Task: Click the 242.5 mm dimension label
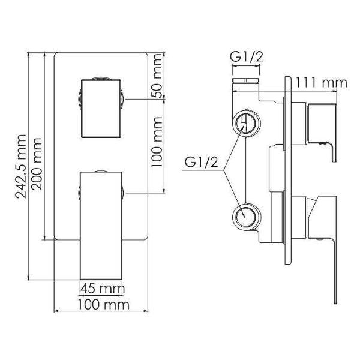click(x=20, y=166)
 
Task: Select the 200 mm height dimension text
click(x=37, y=164)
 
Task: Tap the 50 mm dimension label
click(x=157, y=76)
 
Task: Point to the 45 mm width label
click(x=103, y=289)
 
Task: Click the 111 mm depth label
click(x=321, y=83)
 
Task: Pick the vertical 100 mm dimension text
click(x=157, y=142)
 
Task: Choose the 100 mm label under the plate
click(x=104, y=305)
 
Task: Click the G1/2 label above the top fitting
click(x=247, y=56)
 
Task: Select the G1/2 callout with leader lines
click(x=201, y=162)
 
